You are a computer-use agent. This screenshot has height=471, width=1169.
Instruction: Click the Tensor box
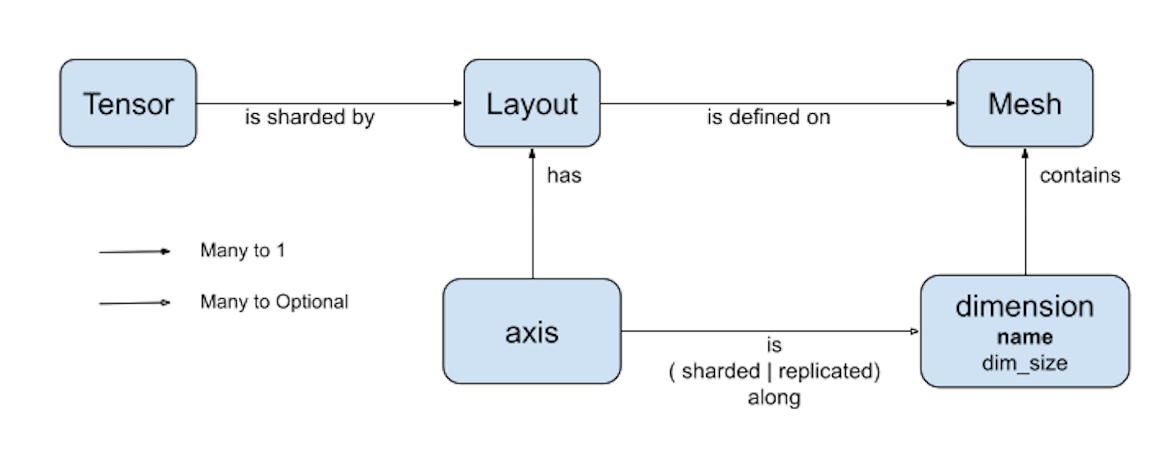[x=128, y=103]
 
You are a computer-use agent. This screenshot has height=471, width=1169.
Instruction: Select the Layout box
[x=532, y=103]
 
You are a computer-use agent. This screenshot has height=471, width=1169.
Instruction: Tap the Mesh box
[x=1025, y=103]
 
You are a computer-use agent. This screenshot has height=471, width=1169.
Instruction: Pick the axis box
[x=532, y=332]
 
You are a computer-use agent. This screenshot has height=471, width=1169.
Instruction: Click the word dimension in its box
[x=1025, y=306]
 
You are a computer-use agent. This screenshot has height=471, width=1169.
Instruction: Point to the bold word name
[x=1025, y=337]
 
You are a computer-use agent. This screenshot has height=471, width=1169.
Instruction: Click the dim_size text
[x=1025, y=363]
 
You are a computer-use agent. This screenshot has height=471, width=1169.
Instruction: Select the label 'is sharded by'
[x=309, y=117]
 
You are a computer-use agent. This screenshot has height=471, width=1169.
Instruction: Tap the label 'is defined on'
[x=768, y=117]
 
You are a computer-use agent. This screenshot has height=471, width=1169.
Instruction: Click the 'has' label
[x=564, y=175]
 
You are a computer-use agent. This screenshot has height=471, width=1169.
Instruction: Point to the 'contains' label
[x=1079, y=175]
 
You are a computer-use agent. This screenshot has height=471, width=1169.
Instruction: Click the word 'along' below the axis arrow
[x=774, y=397]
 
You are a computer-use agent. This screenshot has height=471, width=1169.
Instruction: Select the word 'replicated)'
[x=829, y=371]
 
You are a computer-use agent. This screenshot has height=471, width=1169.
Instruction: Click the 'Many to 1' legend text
[x=242, y=250]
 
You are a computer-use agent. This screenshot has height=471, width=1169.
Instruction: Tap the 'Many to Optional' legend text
[x=274, y=302]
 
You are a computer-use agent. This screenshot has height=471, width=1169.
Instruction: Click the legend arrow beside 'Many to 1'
[x=135, y=251]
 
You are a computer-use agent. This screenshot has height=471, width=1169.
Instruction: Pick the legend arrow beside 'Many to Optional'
[x=135, y=302]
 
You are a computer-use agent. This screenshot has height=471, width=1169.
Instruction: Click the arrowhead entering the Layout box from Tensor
[x=458, y=103]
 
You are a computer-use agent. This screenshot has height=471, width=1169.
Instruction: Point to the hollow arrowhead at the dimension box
[x=914, y=332]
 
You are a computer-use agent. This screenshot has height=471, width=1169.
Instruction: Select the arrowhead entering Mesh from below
[x=1025, y=153]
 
